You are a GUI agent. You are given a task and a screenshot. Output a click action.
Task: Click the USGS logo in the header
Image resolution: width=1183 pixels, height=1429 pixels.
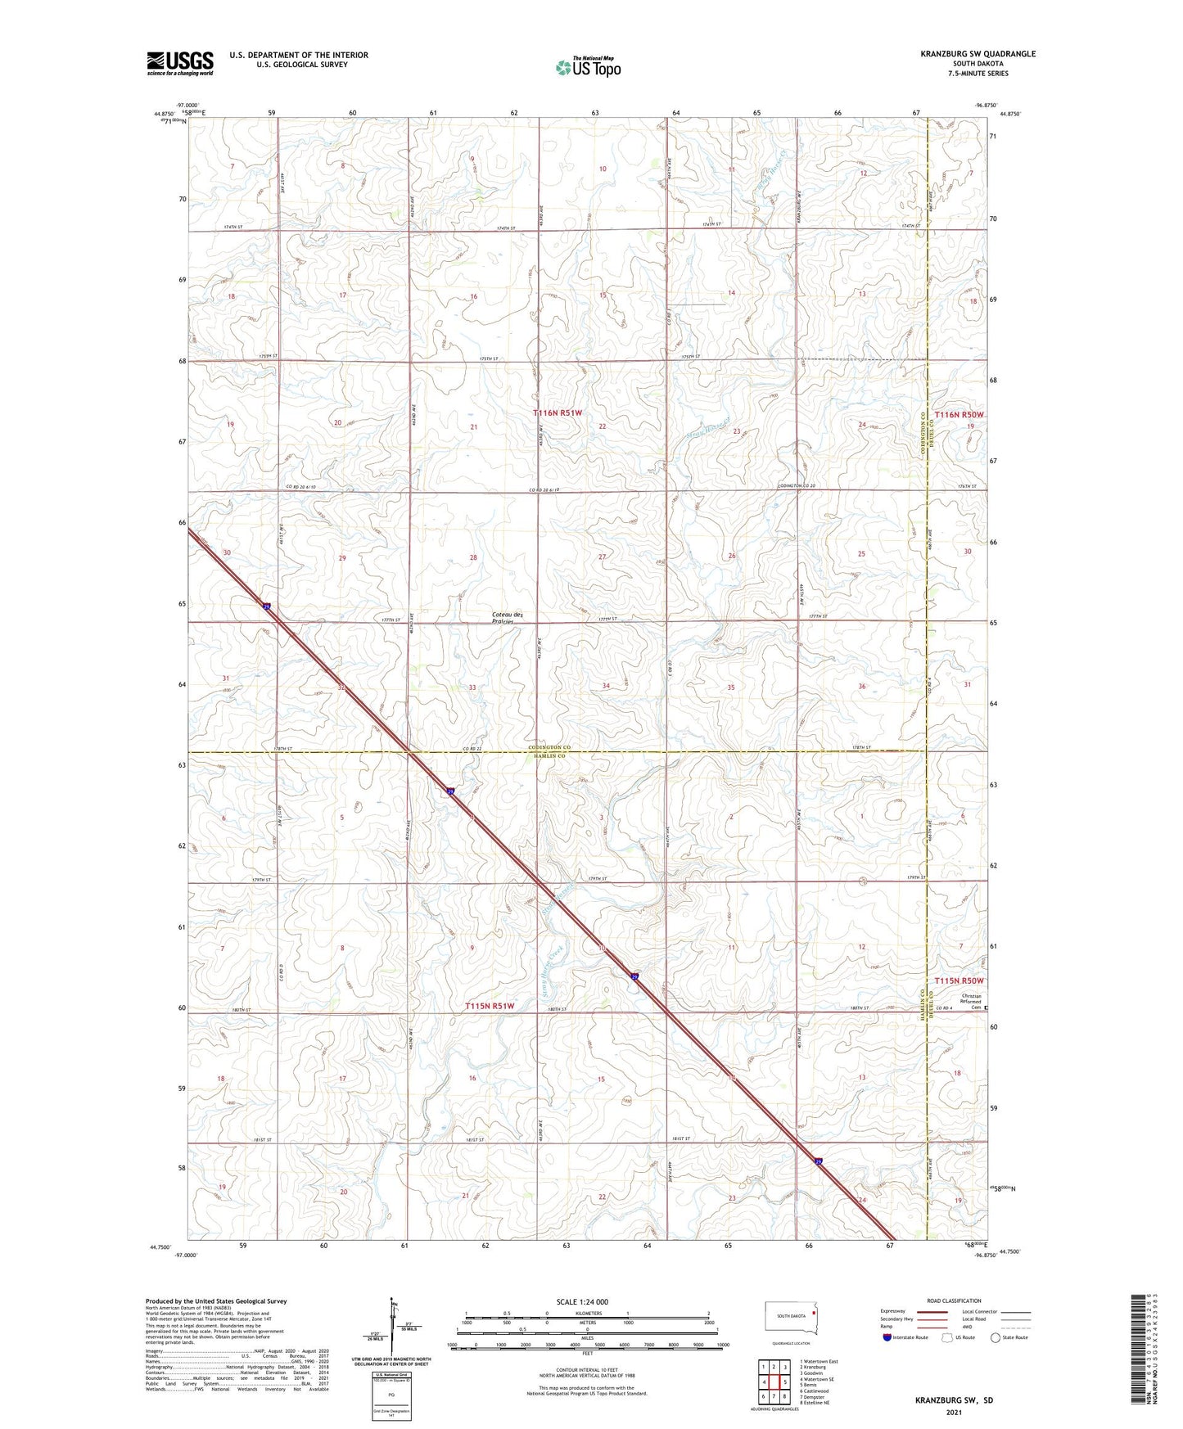[x=180, y=63]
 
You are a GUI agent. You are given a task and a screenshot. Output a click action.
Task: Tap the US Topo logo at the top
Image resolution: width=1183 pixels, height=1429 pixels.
[x=587, y=67]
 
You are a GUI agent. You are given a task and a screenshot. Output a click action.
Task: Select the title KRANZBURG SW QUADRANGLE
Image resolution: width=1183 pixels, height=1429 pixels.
[x=977, y=54]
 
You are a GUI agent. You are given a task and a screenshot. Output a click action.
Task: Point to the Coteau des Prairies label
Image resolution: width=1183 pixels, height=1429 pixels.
[x=507, y=618]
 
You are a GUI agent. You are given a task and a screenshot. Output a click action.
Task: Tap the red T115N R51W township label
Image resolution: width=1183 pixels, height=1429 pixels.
[x=490, y=1005]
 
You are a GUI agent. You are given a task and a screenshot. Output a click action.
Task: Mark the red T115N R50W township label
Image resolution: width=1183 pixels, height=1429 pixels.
[x=959, y=980]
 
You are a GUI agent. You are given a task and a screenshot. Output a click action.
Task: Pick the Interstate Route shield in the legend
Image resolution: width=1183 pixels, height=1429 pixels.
[x=887, y=1337]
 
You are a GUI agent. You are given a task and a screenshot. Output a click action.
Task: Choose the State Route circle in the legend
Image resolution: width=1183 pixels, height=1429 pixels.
[x=996, y=1337]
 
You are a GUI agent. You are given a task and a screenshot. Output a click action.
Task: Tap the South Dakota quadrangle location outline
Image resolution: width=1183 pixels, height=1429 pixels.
[x=791, y=1317]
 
